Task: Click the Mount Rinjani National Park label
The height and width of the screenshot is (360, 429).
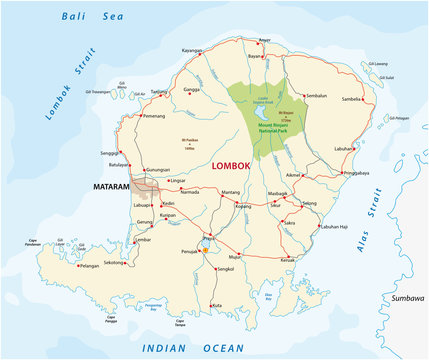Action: coord(270,127)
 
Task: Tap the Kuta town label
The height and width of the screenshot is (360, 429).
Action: coord(218,305)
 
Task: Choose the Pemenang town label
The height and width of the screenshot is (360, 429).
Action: coord(154,117)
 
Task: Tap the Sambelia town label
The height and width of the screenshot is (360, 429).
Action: coord(352,128)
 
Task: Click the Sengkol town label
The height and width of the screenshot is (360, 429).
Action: coord(227,270)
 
